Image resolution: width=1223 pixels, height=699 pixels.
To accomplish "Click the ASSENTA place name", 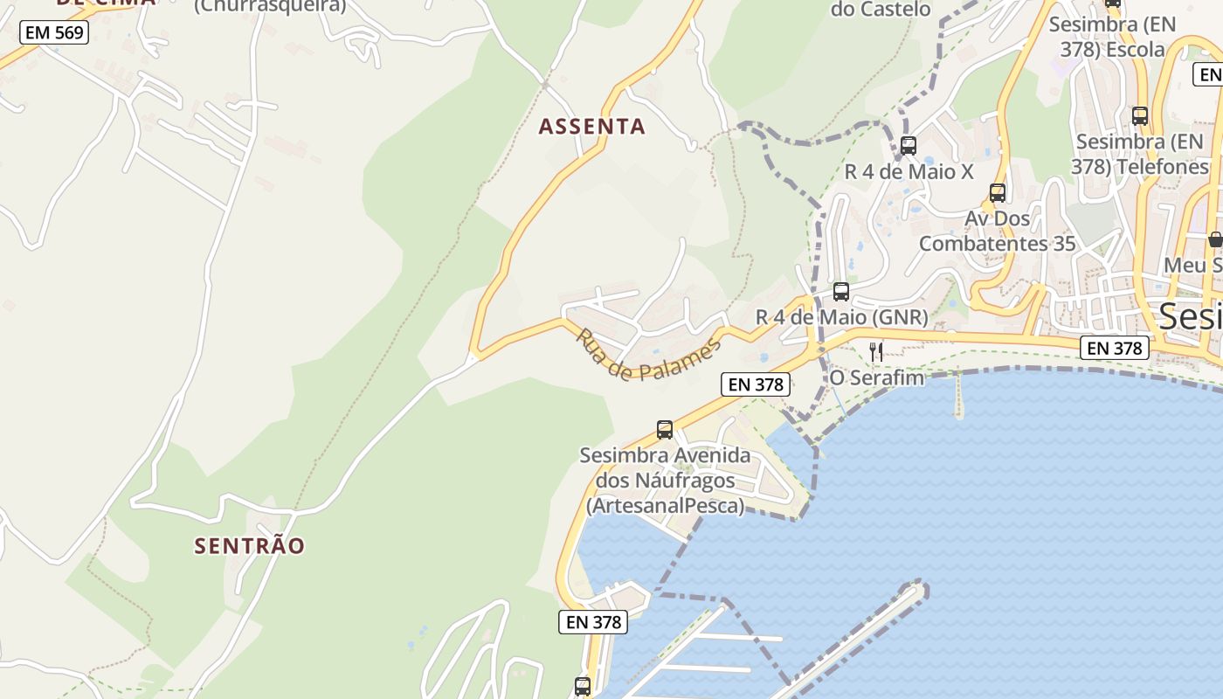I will (591, 127).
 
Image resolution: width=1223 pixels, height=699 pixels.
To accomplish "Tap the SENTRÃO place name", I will (249, 546).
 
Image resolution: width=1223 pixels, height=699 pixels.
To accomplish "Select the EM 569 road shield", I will (54, 33).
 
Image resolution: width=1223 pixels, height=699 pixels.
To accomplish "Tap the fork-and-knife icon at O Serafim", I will (876, 351).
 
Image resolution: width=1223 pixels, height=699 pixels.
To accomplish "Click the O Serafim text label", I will (876, 377).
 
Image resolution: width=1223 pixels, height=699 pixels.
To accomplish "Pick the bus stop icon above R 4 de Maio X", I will (909, 145).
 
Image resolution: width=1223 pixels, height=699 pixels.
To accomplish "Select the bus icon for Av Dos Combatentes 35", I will (998, 192).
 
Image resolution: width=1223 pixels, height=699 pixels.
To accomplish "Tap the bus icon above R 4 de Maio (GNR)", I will (841, 292).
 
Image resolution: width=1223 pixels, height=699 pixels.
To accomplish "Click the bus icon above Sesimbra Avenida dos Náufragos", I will (665, 429).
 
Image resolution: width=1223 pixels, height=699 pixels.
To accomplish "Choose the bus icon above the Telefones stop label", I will (1140, 115).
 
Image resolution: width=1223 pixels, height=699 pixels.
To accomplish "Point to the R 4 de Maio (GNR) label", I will (841, 317).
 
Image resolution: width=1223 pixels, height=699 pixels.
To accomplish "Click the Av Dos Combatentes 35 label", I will (998, 231).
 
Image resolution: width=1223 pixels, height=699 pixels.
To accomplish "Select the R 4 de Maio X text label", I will (909, 171).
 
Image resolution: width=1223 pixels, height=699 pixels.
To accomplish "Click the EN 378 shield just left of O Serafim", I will (756, 384).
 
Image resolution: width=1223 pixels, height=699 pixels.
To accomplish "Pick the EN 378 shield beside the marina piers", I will (593, 622).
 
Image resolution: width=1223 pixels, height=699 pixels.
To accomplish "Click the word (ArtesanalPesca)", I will (665, 506).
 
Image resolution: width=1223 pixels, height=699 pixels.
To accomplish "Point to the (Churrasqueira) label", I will (269, 6).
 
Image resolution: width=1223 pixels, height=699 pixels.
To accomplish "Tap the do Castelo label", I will (881, 9).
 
